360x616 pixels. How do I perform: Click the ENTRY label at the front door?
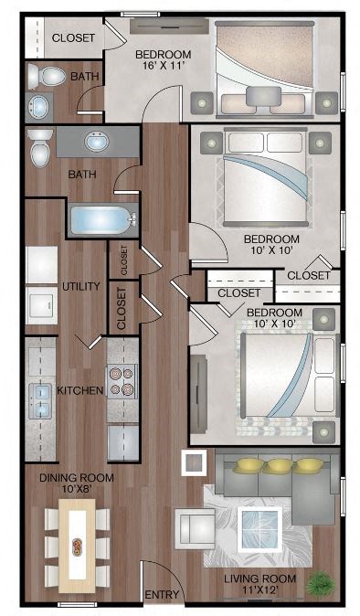162,595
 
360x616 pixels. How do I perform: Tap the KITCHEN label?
80,390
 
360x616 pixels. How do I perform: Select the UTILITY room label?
81,286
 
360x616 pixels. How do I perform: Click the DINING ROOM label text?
77,478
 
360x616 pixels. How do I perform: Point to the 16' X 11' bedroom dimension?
163,66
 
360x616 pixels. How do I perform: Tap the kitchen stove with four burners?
122,381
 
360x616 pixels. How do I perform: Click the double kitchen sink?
40,400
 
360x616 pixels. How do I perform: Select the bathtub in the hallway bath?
103,220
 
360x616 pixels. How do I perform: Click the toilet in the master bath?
48,76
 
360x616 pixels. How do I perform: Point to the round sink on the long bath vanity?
97,142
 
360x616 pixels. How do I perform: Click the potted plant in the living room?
321,585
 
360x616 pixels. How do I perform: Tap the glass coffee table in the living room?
259,529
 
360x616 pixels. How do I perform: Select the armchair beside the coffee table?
195,527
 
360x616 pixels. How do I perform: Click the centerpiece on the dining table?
77,547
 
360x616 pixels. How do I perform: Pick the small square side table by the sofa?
194,462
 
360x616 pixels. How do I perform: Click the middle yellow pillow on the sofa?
279,466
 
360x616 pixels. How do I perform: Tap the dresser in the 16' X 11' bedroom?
169,26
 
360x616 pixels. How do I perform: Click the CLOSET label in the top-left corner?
73,37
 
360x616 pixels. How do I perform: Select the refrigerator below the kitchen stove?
123,442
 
